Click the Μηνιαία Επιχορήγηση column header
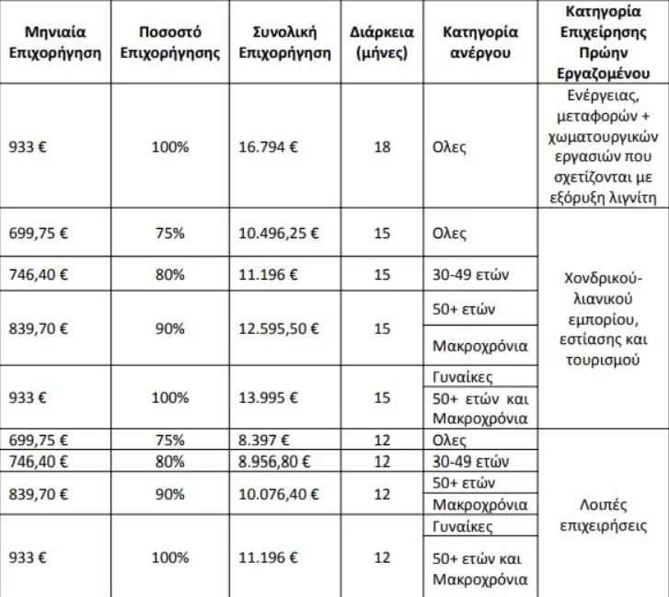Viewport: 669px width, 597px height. click(54, 42)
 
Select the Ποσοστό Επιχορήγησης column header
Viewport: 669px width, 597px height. click(170, 42)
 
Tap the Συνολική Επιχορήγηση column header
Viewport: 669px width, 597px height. click(284, 42)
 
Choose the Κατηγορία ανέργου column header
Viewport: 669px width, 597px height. click(480, 42)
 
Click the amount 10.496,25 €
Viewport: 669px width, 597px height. click(279, 234)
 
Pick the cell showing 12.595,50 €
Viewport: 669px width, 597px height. click(279, 328)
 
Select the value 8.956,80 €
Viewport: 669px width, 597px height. click(274, 460)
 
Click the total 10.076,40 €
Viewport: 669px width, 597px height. click(279, 494)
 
